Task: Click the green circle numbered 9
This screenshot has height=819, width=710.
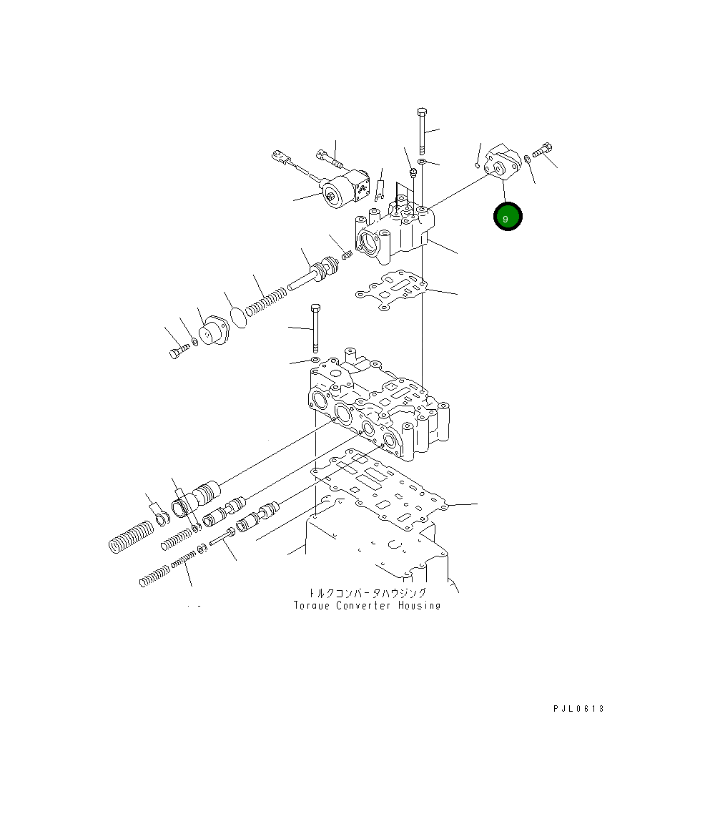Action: point(508,216)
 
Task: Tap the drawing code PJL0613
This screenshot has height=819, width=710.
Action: point(578,709)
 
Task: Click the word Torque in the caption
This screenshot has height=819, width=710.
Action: point(312,605)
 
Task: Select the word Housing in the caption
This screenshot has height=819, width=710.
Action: point(419,605)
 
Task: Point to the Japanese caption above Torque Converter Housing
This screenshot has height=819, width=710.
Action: point(368,593)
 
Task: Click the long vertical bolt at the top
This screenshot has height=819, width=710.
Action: point(423,131)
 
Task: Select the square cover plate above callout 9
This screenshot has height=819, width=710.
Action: point(502,162)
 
